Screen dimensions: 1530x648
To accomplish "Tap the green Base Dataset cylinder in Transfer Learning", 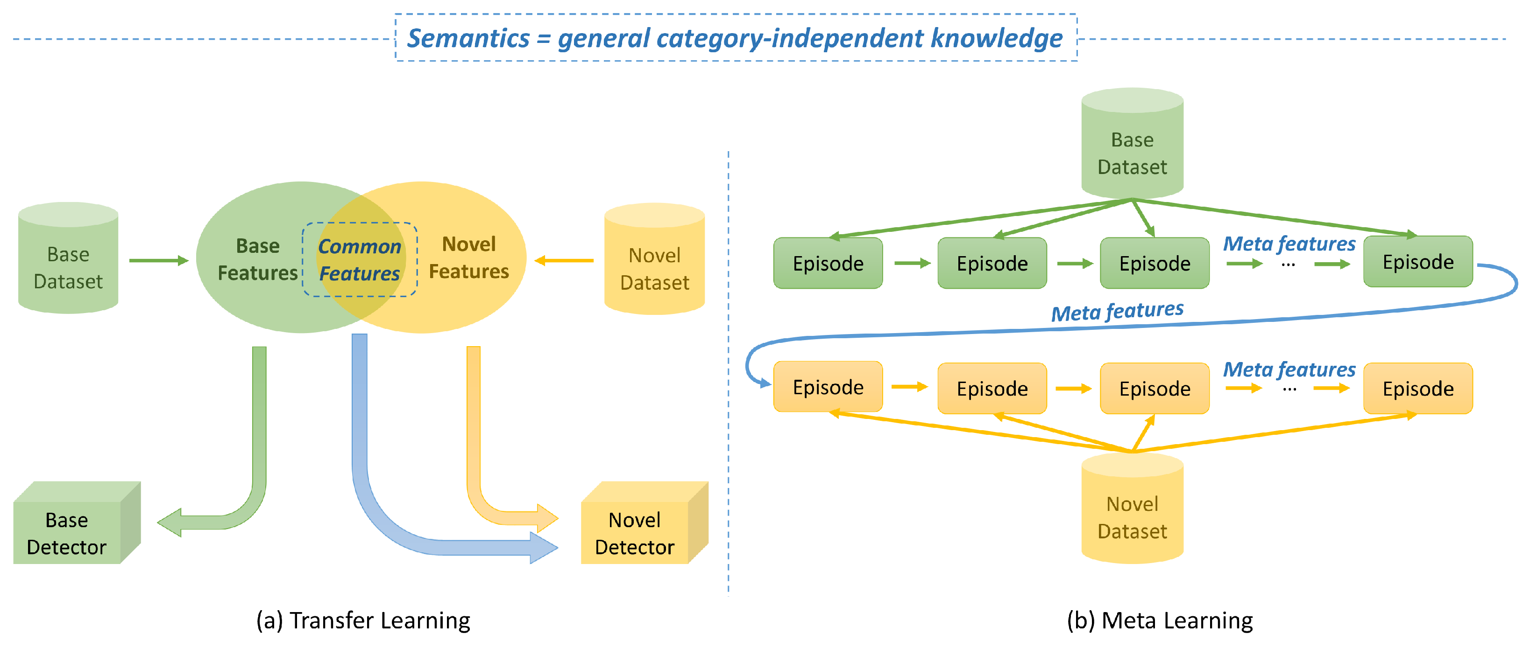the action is [x=68, y=258].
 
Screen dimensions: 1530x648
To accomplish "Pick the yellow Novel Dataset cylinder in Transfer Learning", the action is [x=654, y=259].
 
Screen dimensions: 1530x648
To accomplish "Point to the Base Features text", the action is [x=258, y=259].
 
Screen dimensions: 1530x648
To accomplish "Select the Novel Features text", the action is [x=468, y=258].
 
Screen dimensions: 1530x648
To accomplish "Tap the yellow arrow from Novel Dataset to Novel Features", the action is [x=564, y=260].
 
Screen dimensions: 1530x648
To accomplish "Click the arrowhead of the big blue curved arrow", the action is [x=544, y=548].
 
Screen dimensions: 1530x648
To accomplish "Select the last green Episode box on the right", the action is [x=1418, y=262].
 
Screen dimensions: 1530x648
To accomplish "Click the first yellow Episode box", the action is [x=828, y=387].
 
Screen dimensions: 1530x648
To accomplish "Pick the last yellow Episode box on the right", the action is [x=1418, y=389].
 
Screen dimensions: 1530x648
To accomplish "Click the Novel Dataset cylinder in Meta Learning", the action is [x=1132, y=508].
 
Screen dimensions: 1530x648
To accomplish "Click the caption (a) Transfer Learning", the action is [x=363, y=620].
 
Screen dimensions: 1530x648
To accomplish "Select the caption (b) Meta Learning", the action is [x=1159, y=620].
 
